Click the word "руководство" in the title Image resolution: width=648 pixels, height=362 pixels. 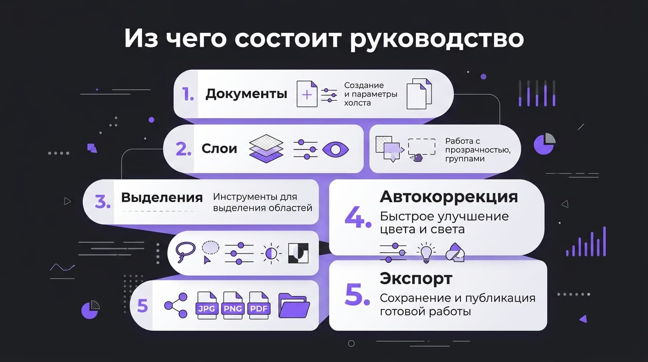437,39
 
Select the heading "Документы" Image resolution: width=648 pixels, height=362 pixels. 246,94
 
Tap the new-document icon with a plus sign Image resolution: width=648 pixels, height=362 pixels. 307,94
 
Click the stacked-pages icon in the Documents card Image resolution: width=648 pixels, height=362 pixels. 419,94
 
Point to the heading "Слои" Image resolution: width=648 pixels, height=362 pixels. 219,148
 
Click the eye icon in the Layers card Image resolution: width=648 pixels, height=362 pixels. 336,149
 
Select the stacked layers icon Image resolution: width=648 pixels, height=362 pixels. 266,149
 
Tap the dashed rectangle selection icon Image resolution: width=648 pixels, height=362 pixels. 422,147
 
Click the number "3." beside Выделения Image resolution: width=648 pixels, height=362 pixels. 103,202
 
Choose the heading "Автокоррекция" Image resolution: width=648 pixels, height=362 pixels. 449,197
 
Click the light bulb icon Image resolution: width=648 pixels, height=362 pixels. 426,253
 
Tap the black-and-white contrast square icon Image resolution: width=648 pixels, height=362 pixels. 298,253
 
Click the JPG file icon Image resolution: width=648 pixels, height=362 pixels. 207,305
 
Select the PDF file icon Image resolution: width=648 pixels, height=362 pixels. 259,305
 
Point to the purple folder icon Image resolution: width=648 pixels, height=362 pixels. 294,305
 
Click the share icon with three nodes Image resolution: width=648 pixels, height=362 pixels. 176,305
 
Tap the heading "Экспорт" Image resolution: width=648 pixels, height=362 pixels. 416,279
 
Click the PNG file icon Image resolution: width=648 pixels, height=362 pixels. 233,305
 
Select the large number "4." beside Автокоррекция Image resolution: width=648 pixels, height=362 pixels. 358,217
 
